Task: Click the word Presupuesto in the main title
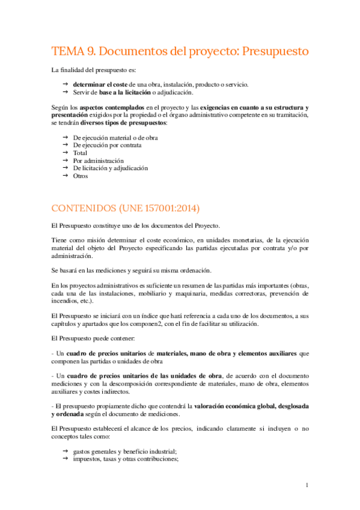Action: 274,51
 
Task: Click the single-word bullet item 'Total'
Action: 81,153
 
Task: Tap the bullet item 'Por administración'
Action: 98,161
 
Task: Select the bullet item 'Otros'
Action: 81,176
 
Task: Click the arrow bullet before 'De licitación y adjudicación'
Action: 65,168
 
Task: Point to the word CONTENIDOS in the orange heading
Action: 87,208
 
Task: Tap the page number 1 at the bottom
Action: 307,485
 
